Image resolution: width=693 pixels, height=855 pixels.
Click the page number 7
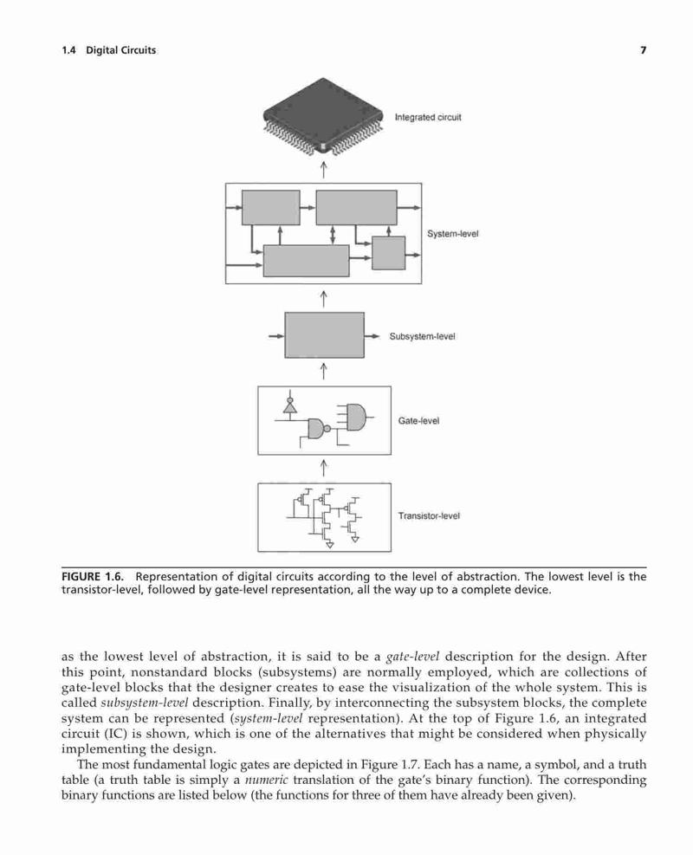[644, 50]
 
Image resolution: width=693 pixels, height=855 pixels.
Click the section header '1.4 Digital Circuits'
[109, 50]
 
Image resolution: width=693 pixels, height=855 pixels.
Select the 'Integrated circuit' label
[428, 117]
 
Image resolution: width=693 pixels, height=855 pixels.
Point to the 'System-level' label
[452, 234]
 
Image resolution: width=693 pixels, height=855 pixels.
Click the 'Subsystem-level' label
[422, 336]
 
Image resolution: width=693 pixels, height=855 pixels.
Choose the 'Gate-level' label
[418, 421]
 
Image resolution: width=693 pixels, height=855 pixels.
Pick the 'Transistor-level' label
[429, 515]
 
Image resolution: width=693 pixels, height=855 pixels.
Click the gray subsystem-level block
[325, 334]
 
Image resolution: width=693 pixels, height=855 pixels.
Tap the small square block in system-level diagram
[389, 253]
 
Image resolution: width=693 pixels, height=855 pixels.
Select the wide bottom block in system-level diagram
[307, 261]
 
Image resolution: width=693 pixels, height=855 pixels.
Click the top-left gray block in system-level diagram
[271, 207]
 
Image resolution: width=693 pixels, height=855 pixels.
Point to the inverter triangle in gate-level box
[290, 406]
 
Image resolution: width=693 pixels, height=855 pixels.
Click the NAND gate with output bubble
[318, 429]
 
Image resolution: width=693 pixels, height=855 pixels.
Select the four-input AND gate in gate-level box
[355, 418]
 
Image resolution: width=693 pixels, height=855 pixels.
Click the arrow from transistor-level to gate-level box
[323, 468]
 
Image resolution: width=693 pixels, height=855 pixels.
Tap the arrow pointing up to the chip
[323, 169]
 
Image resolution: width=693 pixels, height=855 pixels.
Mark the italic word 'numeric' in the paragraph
[266, 781]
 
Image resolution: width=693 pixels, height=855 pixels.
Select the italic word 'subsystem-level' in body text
[145, 703]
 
